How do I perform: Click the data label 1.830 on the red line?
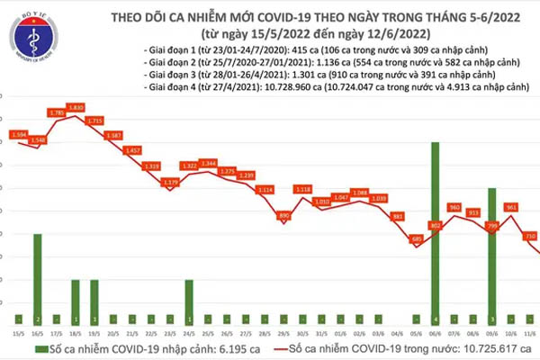77,108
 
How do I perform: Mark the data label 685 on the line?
416,239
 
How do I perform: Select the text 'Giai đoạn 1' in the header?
166,50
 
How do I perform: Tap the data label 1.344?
208,163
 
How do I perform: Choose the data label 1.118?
302,189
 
